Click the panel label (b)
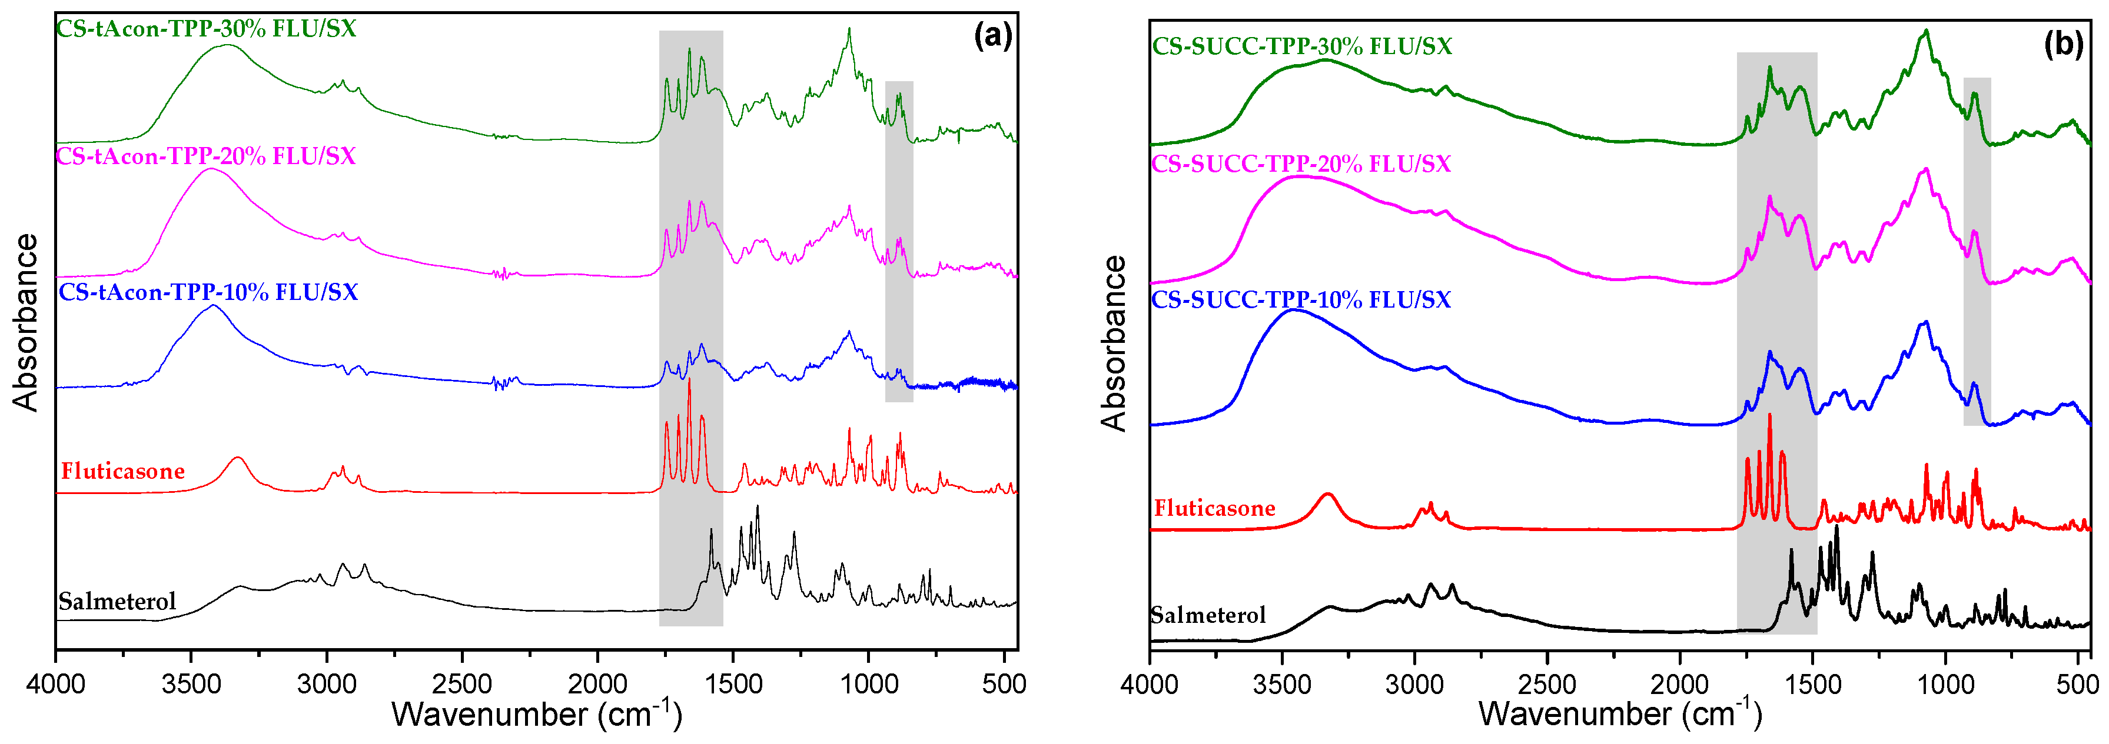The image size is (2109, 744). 2062,44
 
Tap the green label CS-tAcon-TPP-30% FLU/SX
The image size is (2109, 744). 207,29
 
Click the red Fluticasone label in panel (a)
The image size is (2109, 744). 123,472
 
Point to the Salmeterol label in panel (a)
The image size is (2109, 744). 117,602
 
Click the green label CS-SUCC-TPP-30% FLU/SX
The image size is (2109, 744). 1302,46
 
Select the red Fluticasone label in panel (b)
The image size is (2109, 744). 1214,509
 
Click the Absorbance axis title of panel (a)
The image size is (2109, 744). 26,322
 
